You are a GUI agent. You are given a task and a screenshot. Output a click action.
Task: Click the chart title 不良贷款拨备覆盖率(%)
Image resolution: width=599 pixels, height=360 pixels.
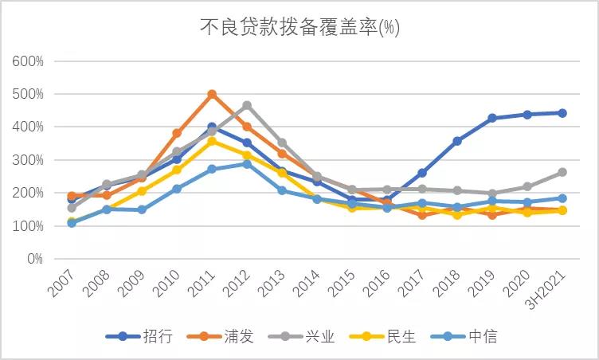[299, 28]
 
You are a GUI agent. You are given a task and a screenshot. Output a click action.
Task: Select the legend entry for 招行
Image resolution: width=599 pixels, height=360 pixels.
[144, 336]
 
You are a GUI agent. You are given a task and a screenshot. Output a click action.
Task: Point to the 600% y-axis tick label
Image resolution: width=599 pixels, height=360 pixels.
[28, 61]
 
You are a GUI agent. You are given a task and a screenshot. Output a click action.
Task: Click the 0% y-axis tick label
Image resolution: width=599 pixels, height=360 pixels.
[34, 259]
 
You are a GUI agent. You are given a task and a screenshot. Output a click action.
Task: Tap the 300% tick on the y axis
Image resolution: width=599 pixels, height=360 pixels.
[28, 160]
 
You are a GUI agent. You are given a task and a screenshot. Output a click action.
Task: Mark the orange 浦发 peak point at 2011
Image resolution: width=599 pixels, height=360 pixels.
[212, 94]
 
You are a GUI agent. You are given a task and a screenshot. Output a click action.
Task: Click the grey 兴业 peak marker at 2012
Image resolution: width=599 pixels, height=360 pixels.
[247, 105]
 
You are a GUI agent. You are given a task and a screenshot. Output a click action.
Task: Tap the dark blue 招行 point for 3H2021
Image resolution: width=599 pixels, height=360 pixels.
[562, 113]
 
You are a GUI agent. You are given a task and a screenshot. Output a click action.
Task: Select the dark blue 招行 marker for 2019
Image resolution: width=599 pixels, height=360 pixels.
[492, 118]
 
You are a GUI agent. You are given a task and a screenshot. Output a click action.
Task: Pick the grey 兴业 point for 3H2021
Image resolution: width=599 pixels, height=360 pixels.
[562, 172]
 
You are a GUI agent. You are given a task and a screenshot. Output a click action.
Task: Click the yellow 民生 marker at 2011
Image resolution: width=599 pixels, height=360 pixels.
[212, 141]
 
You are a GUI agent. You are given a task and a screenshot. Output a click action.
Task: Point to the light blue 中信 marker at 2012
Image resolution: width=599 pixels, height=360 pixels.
[247, 164]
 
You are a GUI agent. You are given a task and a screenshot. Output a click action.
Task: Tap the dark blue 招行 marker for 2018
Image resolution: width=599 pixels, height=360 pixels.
[457, 141]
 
